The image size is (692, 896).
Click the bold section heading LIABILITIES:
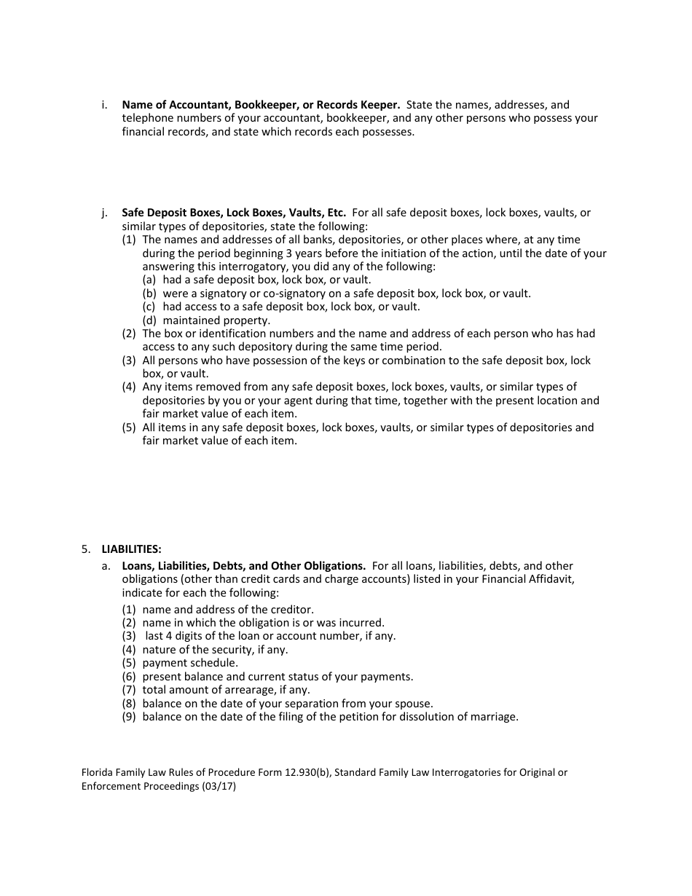131,549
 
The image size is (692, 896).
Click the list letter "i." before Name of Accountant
105,105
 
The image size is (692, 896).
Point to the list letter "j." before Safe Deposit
105,213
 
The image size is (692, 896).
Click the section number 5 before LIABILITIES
85,549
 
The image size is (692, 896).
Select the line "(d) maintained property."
206,320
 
